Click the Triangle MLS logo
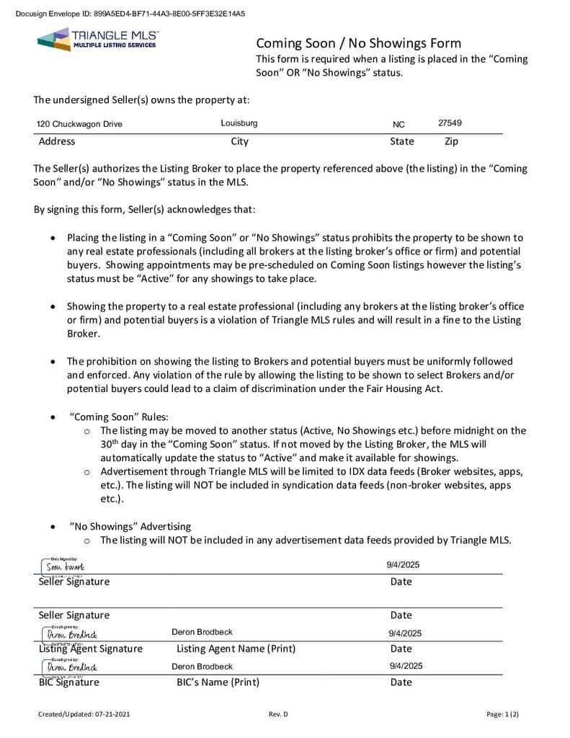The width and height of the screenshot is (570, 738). click(97, 39)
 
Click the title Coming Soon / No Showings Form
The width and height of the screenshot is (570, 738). click(358, 43)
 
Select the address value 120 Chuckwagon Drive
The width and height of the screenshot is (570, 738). click(79, 124)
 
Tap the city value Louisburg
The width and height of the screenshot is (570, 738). click(239, 123)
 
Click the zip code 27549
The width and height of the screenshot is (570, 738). click(450, 123)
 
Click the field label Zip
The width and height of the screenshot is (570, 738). click(451, 141)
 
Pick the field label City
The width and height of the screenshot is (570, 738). click(239, 141)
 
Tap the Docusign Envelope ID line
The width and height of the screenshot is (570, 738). click(130, 14)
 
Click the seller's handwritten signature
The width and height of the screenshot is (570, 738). click(65, 567)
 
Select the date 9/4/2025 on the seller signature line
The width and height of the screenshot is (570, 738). click(403, 565)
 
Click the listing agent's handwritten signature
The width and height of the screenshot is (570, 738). click(71, 634)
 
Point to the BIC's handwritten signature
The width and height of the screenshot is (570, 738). click(71, 668)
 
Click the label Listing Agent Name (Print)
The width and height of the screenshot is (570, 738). click(236, 649)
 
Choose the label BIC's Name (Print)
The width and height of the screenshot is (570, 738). click(218, 682)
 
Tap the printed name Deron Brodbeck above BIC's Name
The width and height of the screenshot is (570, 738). click(202, 667)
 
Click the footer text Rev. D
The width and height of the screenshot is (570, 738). click(278, 714)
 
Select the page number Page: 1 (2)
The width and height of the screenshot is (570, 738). click(502, 714)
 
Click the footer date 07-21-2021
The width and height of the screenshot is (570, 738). click(112, 714)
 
